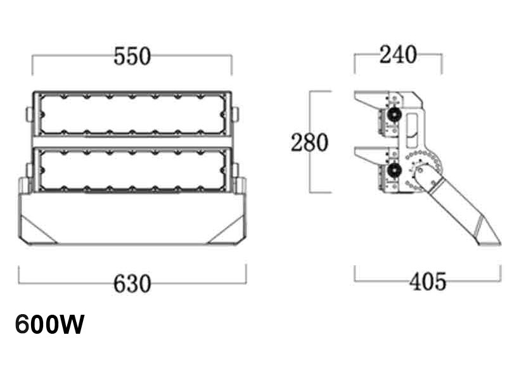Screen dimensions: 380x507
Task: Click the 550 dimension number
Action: coord(132,56)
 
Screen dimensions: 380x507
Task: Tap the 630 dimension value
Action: coord(132,283)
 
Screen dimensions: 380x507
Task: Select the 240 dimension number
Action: coord(398,56)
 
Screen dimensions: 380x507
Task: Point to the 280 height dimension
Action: coord(310,142)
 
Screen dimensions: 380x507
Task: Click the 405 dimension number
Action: coord(427,281)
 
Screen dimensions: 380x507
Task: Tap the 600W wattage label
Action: coord(49,325)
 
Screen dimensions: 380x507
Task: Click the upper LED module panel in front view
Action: coord(132,114)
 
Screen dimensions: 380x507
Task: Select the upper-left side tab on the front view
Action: coord(29,113)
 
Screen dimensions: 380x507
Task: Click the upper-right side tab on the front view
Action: coord(235,113)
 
